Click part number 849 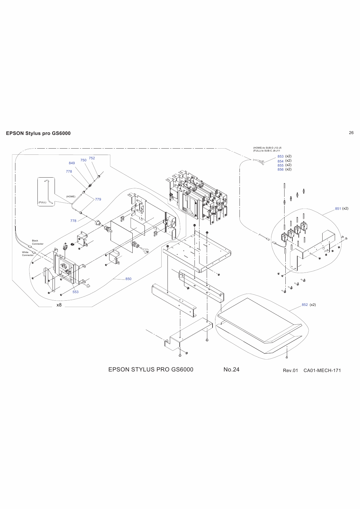click(72, 163)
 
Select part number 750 click(83, 160)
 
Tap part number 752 click(92, 158)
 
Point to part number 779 click(98, 199)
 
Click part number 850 click(128, 279)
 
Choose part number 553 click(75, 292)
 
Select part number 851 click(338, 209)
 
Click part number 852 click(305, 305)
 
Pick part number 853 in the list click(280, 156)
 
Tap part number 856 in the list click(280, 169)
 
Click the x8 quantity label click(59, 305)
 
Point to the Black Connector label click(37, 242)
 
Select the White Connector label click(28, 254)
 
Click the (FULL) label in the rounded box click(42, 202)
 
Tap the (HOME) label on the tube click(71, 196)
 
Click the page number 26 click(351, 133)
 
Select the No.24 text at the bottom click(231, 369)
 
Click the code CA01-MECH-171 click(322, 371)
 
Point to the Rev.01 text click(290, 371)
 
